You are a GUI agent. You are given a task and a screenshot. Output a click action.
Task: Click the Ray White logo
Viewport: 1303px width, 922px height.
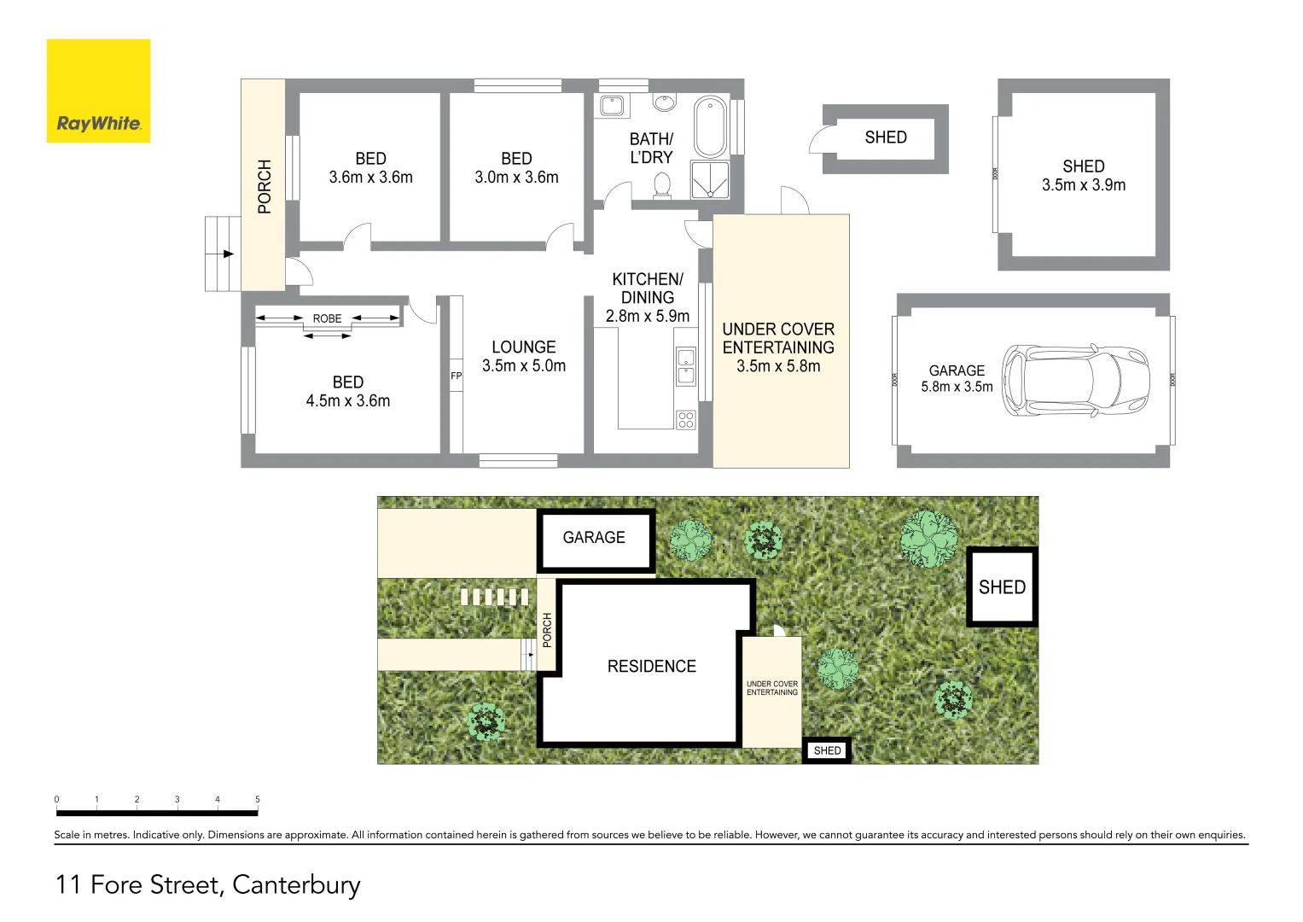98,91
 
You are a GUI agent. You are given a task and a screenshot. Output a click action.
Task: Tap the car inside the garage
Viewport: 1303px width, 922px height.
1075,381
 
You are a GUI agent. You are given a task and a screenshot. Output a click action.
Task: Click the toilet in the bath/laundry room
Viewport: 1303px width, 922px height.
662,185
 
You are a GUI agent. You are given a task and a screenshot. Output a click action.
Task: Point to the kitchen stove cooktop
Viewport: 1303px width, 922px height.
686,419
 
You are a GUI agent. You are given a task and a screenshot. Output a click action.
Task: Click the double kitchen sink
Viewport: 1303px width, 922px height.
686,366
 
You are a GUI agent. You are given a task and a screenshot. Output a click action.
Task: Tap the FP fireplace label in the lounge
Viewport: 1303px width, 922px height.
456,376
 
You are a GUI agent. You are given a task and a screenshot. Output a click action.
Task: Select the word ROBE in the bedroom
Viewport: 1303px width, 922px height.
327,318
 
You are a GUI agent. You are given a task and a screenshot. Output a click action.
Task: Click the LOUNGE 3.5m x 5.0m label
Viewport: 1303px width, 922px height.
524,356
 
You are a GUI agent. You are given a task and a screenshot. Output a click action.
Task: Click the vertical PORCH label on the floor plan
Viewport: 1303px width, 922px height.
265,186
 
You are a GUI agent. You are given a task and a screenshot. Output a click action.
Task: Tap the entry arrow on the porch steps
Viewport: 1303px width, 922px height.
227,254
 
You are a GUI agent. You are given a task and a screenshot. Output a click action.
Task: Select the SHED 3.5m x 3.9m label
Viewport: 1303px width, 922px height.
1083,176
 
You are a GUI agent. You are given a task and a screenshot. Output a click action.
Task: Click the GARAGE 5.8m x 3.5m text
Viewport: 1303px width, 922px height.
957,378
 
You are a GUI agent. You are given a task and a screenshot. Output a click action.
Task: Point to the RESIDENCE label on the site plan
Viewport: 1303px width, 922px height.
651,666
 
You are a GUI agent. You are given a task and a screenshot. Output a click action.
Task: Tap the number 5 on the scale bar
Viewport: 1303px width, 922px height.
258,800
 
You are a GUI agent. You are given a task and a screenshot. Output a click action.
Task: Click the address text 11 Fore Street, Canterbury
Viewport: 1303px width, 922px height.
208,884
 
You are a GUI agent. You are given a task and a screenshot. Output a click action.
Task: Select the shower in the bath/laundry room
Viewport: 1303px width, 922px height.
709,180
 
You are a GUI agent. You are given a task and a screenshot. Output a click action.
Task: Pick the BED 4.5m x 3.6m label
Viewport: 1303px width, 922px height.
348,391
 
